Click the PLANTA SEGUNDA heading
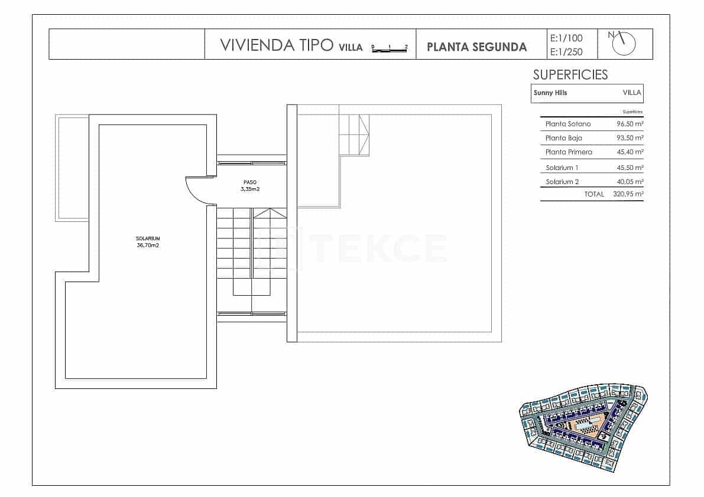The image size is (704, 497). [x=476, y=47]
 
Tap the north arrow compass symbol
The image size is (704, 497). [x=625, y=43]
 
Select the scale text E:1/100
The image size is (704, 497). [x=566, y=38]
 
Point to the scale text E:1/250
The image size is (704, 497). [x=566, y=52]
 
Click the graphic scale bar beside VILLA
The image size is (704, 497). [x=390, y=48]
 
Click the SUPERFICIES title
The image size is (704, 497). [x=570, y=75]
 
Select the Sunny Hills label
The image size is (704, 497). [x=550, y=93]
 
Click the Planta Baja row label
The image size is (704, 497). [x=563, y=138]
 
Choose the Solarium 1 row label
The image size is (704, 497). [x=562, y=168]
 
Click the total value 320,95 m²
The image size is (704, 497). [x=628, y=194]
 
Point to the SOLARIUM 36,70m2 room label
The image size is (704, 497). [x=147, y=241]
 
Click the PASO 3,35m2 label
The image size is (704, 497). [x=250, y=186]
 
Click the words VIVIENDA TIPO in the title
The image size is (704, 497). [x=276, y=46]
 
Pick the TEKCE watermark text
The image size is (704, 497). [x=379, y=248]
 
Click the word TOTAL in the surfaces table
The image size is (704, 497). [x=594, y=194]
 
